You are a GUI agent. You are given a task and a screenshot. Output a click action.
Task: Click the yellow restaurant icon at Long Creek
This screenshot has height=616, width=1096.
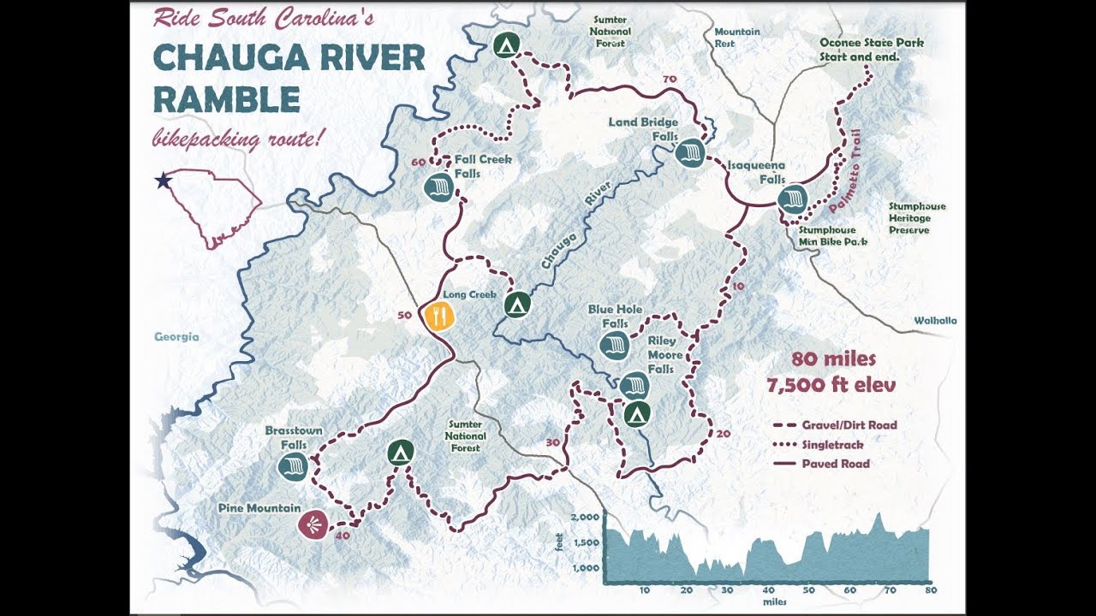coord(438,316)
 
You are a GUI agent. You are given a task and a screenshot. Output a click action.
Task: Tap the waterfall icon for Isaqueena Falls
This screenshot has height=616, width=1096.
coord(793,199)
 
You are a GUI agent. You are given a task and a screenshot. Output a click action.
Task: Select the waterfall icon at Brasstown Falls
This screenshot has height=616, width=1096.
coord(293,467)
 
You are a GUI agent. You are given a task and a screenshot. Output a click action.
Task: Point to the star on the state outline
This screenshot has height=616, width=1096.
coord(162,181)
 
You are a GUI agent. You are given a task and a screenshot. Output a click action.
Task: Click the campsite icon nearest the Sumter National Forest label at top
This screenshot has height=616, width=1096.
coord(507,45)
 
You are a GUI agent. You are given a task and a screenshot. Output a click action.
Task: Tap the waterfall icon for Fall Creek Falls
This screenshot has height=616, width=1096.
coord(438,187)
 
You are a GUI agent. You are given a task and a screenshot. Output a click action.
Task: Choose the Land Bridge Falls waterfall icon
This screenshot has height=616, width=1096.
coord(689,154)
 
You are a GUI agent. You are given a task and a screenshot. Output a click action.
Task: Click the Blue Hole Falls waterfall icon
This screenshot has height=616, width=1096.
coord(614,346)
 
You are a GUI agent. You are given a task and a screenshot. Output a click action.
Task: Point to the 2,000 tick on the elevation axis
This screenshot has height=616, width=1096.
coord(585,518)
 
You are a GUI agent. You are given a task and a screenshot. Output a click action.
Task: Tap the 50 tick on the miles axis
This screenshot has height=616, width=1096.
coord(807,590)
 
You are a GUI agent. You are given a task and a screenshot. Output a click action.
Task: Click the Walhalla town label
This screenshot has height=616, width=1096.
coord(934,321)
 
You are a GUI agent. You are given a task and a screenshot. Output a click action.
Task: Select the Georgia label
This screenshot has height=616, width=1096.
coord(176,337)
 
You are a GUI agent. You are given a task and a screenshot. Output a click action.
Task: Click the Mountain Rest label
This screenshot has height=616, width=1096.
coord(736,38)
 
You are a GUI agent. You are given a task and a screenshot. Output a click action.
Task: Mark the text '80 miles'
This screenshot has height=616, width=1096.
coord(833,358)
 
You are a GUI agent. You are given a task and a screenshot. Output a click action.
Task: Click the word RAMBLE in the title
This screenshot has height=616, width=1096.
coord(226,100)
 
